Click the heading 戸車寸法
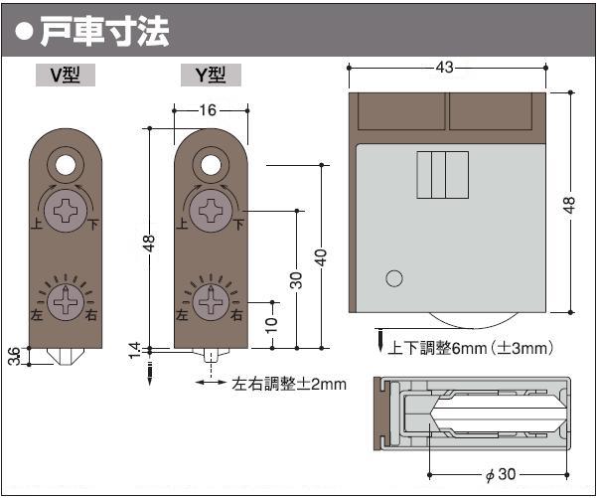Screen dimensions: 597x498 [105, 32]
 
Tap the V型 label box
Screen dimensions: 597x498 [66, 76]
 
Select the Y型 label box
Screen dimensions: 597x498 [211, 76]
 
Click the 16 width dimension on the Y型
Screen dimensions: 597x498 [208, 110]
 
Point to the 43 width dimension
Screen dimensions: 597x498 [444, 68]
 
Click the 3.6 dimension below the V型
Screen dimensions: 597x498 [15, 356]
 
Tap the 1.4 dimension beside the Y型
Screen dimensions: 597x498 [135, 351]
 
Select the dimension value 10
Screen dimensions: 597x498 [271, 325]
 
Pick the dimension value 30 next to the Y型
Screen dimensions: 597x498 [298, 280]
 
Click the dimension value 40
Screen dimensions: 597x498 [321, 257]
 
